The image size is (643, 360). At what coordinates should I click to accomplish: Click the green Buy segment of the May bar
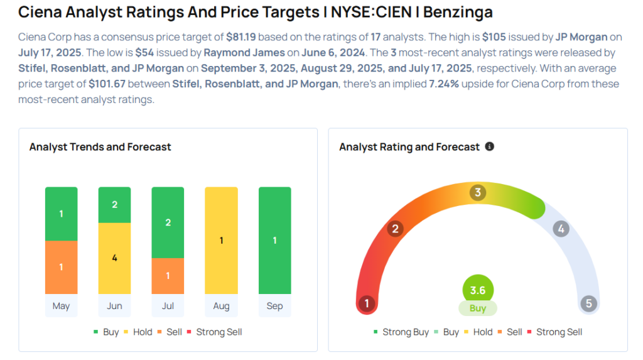click(61, 214)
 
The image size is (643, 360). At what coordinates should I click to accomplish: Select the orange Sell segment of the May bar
click(61, 267)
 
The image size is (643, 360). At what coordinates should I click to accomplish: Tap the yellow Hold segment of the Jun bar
click(114, 258)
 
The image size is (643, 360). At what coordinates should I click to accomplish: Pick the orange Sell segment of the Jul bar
click(168, 276)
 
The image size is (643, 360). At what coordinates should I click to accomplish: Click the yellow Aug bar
click(221, 240)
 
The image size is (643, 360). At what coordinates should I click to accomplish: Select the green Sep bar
click(274, 240)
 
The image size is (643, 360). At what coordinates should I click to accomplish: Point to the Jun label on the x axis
click(114, 306)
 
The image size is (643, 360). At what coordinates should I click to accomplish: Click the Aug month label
click(221, 306)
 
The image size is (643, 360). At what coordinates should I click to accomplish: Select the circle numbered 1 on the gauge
click(366, 304)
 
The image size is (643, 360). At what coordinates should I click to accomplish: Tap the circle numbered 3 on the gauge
click(477, 192)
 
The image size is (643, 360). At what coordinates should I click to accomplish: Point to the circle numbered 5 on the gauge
click(588, 304)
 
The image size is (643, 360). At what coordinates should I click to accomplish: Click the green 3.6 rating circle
click(477, 290)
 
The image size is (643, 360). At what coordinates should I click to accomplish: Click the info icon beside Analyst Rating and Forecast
click(490, 146)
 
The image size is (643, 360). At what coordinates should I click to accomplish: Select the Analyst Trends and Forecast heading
click(100, 146)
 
